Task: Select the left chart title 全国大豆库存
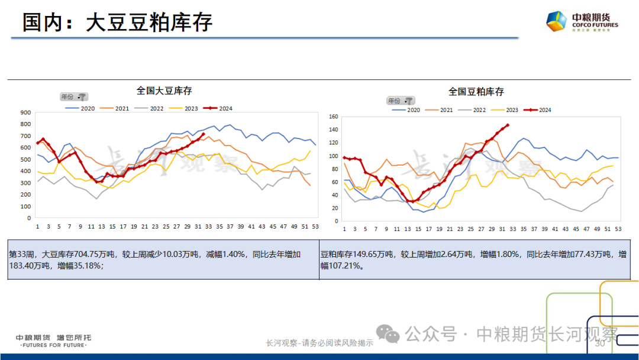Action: point(164,91)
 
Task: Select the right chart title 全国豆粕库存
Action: point(476,92)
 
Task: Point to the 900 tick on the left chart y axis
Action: point(25,112)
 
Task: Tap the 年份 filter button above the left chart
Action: point(73,97)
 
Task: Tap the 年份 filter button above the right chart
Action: point(401,101)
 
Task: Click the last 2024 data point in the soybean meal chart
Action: point(508,125)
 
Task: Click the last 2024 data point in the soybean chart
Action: point(204,134)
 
